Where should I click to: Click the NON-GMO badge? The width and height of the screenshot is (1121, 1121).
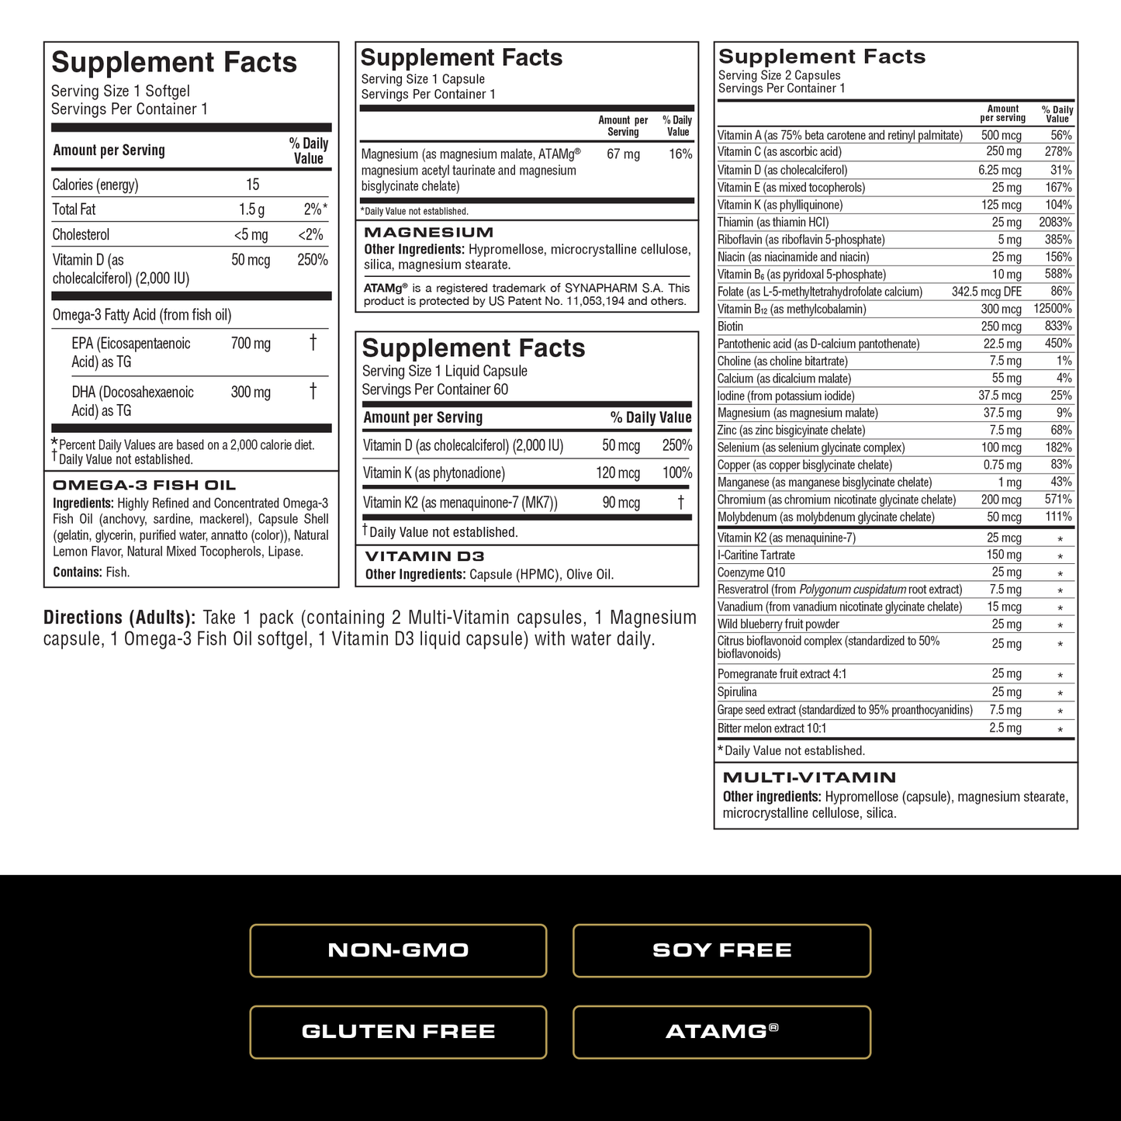[398, 950]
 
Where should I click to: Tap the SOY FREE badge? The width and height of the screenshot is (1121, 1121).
[721, 950]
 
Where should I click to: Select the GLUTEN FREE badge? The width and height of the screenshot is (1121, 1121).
[398, 1032]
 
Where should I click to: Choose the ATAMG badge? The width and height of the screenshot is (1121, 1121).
[721, 1032]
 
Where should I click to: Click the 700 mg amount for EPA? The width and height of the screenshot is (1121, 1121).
[251, 344]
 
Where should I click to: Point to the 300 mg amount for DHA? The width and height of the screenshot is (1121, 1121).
[251, 393]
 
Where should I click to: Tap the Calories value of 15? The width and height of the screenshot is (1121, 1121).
[252, 185]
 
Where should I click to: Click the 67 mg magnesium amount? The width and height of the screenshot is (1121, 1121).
[623, 154]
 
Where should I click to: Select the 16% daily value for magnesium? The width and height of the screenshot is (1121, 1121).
[680, 154]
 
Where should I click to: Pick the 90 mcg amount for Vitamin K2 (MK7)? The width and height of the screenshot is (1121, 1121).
[621, 503]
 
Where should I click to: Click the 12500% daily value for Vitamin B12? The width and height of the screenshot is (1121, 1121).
[1052, 309]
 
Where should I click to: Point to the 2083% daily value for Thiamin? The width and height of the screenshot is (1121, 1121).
[1055, 223]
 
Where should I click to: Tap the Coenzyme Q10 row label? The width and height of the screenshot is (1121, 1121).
[751, 573]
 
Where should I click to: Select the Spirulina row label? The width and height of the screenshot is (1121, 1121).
[737, 692]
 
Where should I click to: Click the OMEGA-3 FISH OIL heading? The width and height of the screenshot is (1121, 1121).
[144, 486]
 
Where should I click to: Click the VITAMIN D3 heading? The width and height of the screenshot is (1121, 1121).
[424, 556]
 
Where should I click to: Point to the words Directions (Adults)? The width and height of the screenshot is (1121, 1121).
[119, 618]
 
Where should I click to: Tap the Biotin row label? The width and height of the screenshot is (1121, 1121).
[730, 327]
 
